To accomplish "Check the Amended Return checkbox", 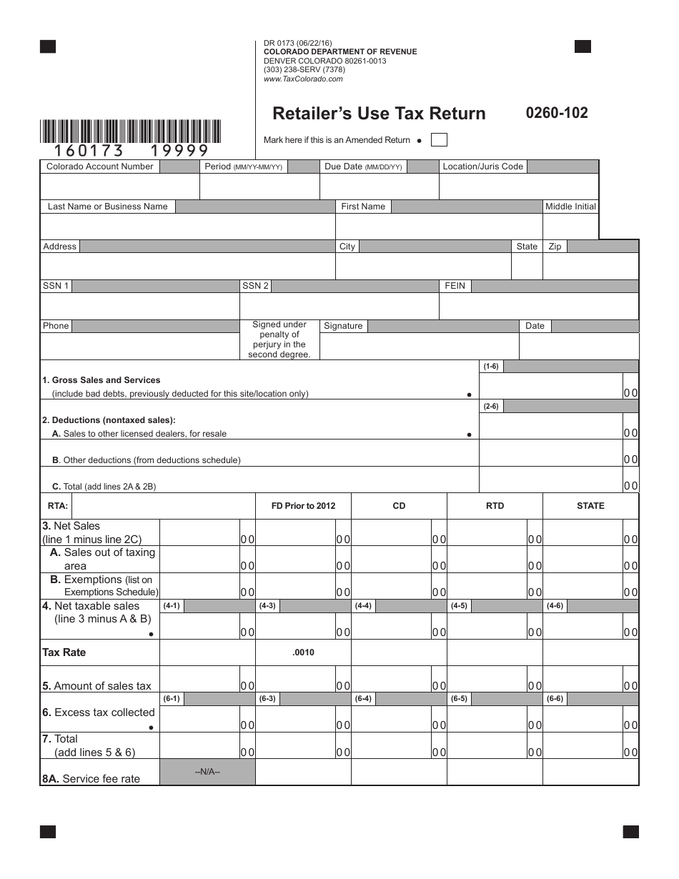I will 440,140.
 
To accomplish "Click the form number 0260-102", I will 557,113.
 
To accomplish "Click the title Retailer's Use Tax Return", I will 379,114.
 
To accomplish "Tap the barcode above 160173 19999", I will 131,131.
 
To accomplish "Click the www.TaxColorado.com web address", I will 303,79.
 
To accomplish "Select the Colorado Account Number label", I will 100,167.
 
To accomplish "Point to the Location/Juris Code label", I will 483,167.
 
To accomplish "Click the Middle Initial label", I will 570,207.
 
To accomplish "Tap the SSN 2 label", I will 255,286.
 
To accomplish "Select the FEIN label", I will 455,286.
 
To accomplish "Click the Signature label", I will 343,326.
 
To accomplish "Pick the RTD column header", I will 495,506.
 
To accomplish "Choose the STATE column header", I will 590,506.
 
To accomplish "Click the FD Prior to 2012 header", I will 303,506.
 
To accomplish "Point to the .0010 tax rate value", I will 303,652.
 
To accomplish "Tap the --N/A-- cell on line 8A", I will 207,773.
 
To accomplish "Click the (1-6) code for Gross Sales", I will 491,367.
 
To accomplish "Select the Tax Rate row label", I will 64,652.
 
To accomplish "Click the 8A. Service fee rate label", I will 91,779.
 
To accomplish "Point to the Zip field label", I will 555,247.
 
